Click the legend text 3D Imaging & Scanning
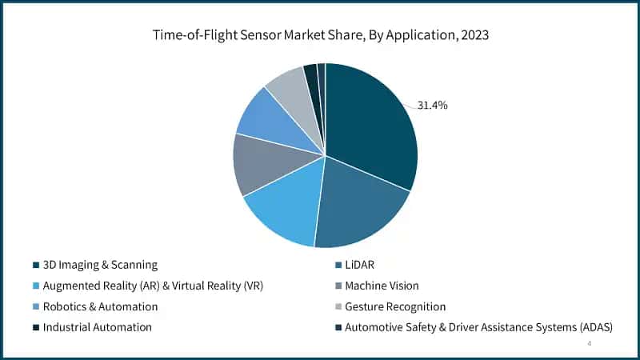[100, 265]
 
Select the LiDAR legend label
[361, 265]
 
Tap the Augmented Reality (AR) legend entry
[153, 286]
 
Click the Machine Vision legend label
[382, 286]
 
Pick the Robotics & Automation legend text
[100, 306]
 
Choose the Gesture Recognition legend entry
[394, 306]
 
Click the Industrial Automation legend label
[97, 327]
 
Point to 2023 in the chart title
[472, 35]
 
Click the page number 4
[589, 343]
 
